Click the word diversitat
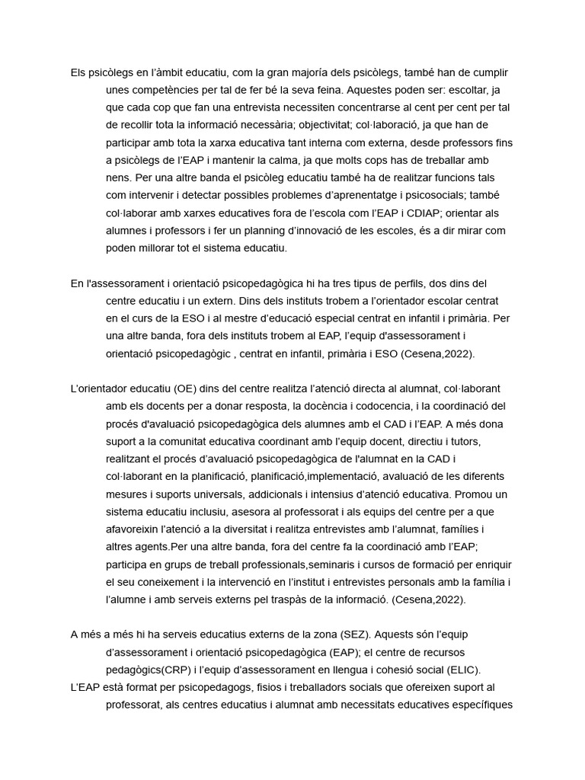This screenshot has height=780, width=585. click(270, 529)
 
